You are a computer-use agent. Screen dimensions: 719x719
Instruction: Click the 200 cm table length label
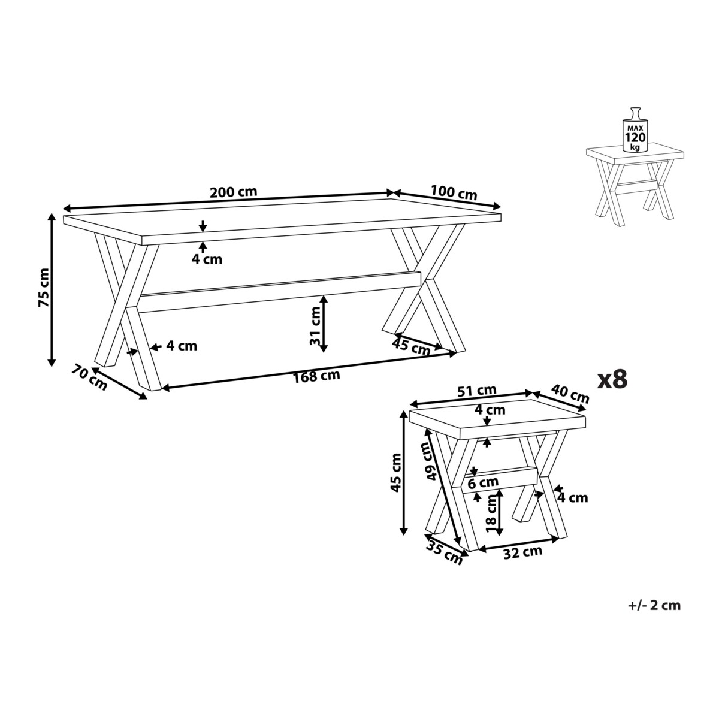tap(233, 192)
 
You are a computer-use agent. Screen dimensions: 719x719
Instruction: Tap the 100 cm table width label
tap(454, 192)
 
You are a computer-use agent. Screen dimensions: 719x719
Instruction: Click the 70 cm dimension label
tap(89, 378)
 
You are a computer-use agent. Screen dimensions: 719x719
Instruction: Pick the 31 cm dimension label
tap(316, 325)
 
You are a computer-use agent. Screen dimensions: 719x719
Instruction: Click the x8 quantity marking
tap(612, 379)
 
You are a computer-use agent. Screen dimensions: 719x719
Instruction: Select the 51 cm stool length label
tap(477, 391)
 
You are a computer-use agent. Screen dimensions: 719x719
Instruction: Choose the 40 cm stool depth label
tap(570, 394)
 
